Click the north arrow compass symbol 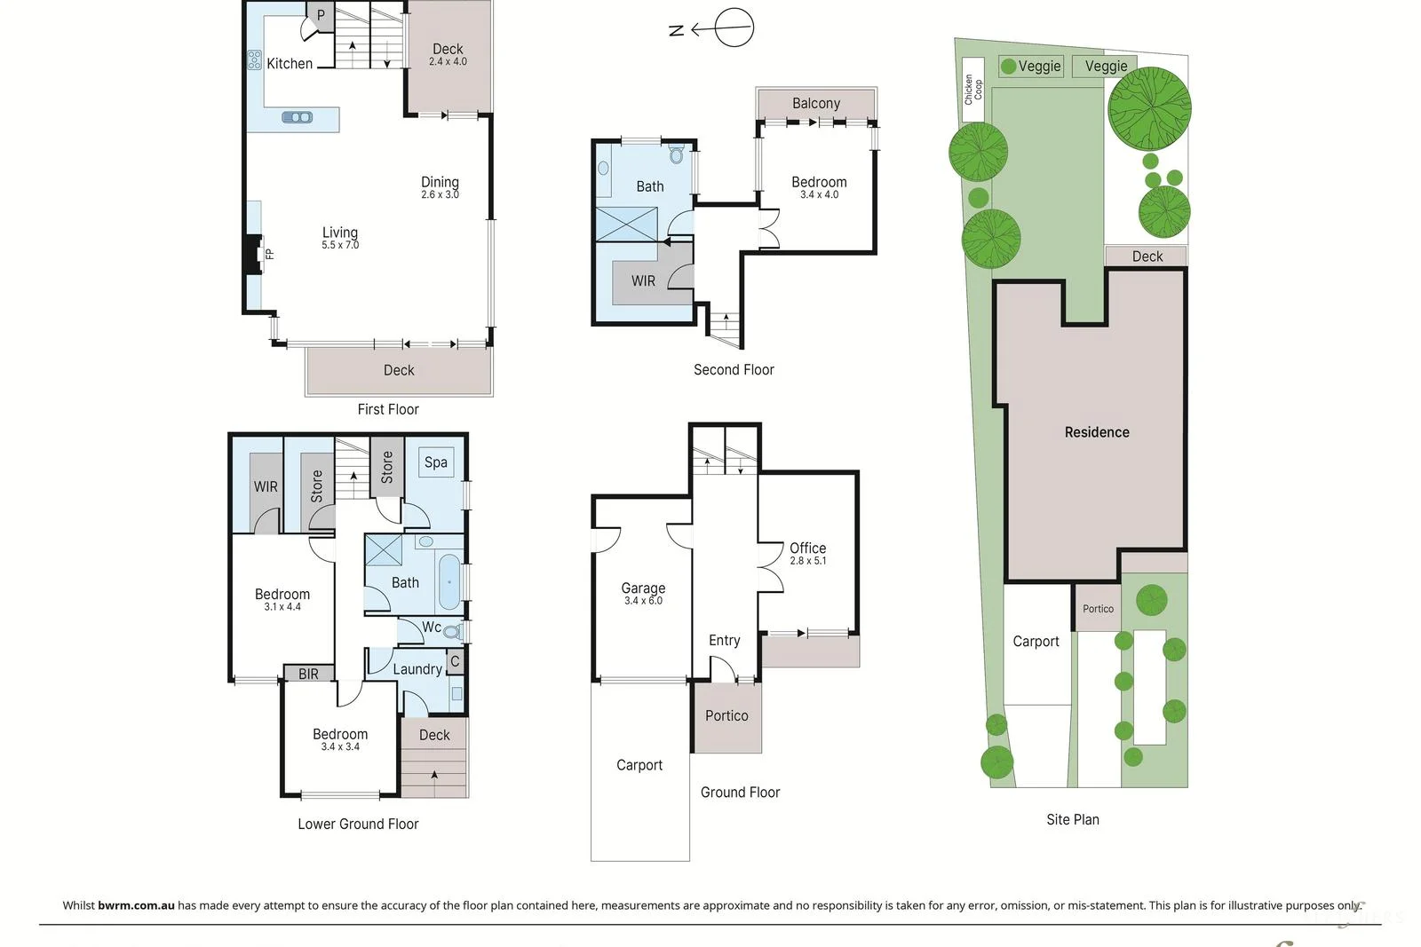(x=733, y=28)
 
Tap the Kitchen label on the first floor (x=290, y=64)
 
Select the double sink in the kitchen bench (x=298, y=117)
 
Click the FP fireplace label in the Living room (x=270, y=255)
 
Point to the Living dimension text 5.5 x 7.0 (x=340, y=245)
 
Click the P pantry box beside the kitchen (x=321, y=15)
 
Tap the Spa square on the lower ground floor (x=435, y=462)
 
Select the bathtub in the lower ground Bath (x=450, y=582)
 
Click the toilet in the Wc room (x=452, y=632)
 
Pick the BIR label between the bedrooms (x=308, y=675)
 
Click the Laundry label (x=417, y=669)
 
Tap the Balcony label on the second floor (x=816, y=103)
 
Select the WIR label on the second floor (x=643, y=281)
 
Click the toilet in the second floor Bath (x=677, y=156)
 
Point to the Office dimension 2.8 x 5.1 (x=808, y=561)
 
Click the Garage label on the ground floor (x=643, y=588)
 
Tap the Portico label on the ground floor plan (x=726, y=715)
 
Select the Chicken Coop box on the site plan (x=973, y=90)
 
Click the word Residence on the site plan (x=1097, y=432)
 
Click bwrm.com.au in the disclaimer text (x=136, y=905)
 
